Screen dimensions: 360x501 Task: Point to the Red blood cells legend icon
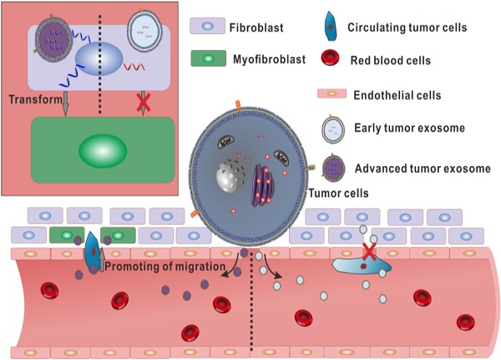tap(331, 58)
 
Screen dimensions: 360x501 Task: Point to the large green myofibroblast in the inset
tap(102, 151)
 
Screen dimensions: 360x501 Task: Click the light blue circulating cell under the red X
tap(359, 265)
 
